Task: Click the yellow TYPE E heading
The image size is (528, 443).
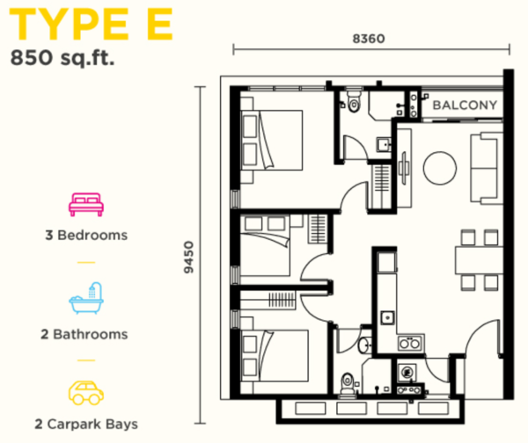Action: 91,24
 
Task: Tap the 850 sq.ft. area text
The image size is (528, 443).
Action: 62,57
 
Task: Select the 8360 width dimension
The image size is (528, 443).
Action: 369,39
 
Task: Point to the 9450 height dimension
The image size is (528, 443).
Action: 189,258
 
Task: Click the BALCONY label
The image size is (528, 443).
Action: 465,105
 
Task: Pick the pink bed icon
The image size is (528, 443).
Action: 86,204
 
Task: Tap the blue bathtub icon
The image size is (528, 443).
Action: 86,298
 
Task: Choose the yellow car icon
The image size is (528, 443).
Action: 86,393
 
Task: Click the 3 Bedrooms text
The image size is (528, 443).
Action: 86,235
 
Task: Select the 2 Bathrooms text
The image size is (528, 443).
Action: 84,334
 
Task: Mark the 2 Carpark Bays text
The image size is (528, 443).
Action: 86,425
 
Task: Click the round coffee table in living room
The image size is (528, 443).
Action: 440,168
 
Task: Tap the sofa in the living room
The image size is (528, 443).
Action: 486,168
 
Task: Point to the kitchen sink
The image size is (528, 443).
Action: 387,317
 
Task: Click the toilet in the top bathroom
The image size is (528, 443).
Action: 354,101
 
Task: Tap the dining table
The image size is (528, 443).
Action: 479,260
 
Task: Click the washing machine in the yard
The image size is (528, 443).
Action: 407,373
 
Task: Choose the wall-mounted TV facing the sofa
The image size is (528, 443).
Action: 404,168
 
